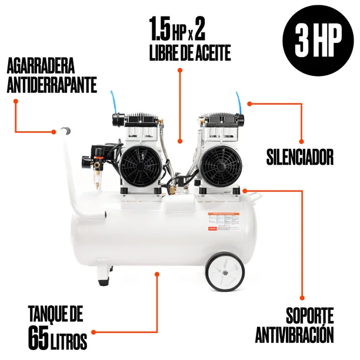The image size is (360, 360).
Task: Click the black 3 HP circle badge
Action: pyautogui.click(x=318, y=40)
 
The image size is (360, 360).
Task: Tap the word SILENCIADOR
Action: pyautogui.click(x=299, y=157)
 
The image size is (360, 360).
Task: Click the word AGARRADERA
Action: pyautogui.click(x=41, y=66)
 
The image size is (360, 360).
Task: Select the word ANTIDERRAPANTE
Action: pyautogui.click(x=52, y=85)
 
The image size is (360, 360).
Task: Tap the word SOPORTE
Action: pyautogui.click(x=310, y=316)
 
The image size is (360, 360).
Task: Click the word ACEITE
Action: pyautogui.click(x=209, y=52)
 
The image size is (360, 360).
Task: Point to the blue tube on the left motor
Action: pyautogui.click(x=114, y=102)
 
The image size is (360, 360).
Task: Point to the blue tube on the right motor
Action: pyautogui.click(x=239, y=102)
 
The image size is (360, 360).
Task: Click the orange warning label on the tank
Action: pyautogui.click(x=224, y=222)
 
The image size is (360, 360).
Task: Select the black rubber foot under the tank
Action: pyautogui.click(x=104, y=281)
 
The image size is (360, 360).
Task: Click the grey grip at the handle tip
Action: pyautogui.click(x=66, y=131)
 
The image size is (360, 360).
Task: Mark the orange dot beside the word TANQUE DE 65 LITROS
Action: pyautogui.click(x=94, y=332)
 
